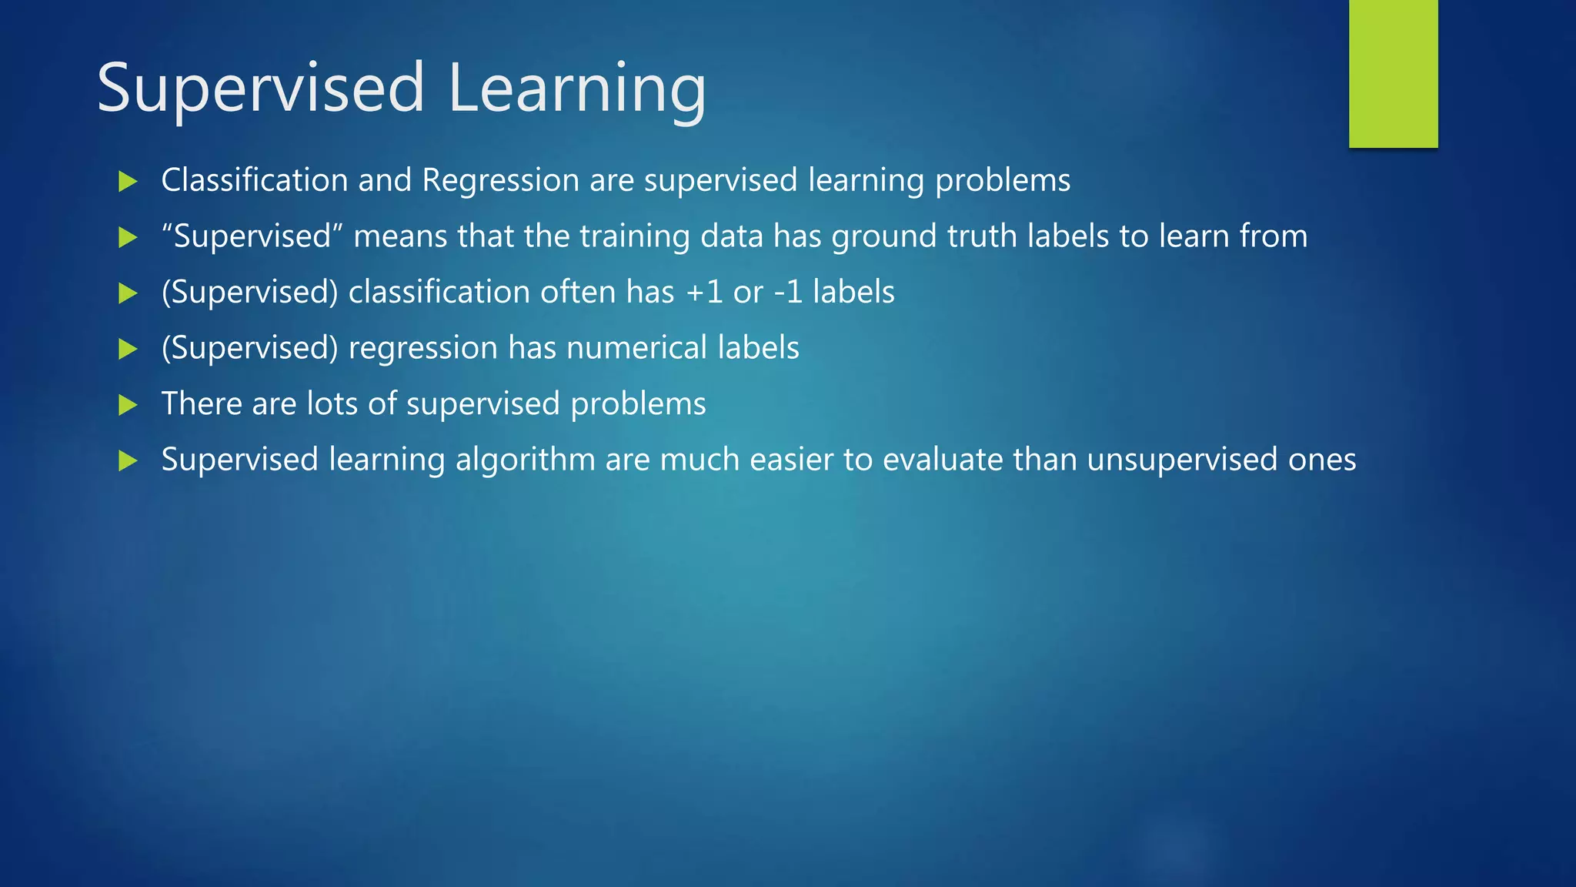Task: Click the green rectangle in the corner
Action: point(1393,73)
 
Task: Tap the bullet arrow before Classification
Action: point(128,182)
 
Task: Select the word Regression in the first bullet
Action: point(500,180)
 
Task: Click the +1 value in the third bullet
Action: point(703,293)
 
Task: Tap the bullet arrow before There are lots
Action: point(128,405)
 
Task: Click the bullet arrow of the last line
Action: point(128,461)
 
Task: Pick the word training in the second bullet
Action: point(634,236)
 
